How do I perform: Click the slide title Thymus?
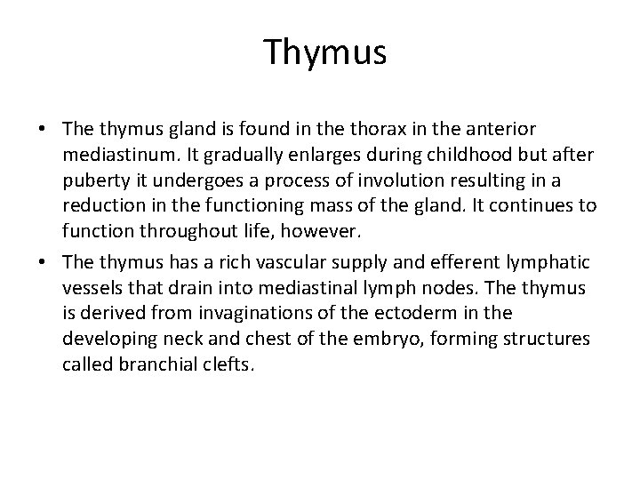pyautogui.click(x=324, y=52)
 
